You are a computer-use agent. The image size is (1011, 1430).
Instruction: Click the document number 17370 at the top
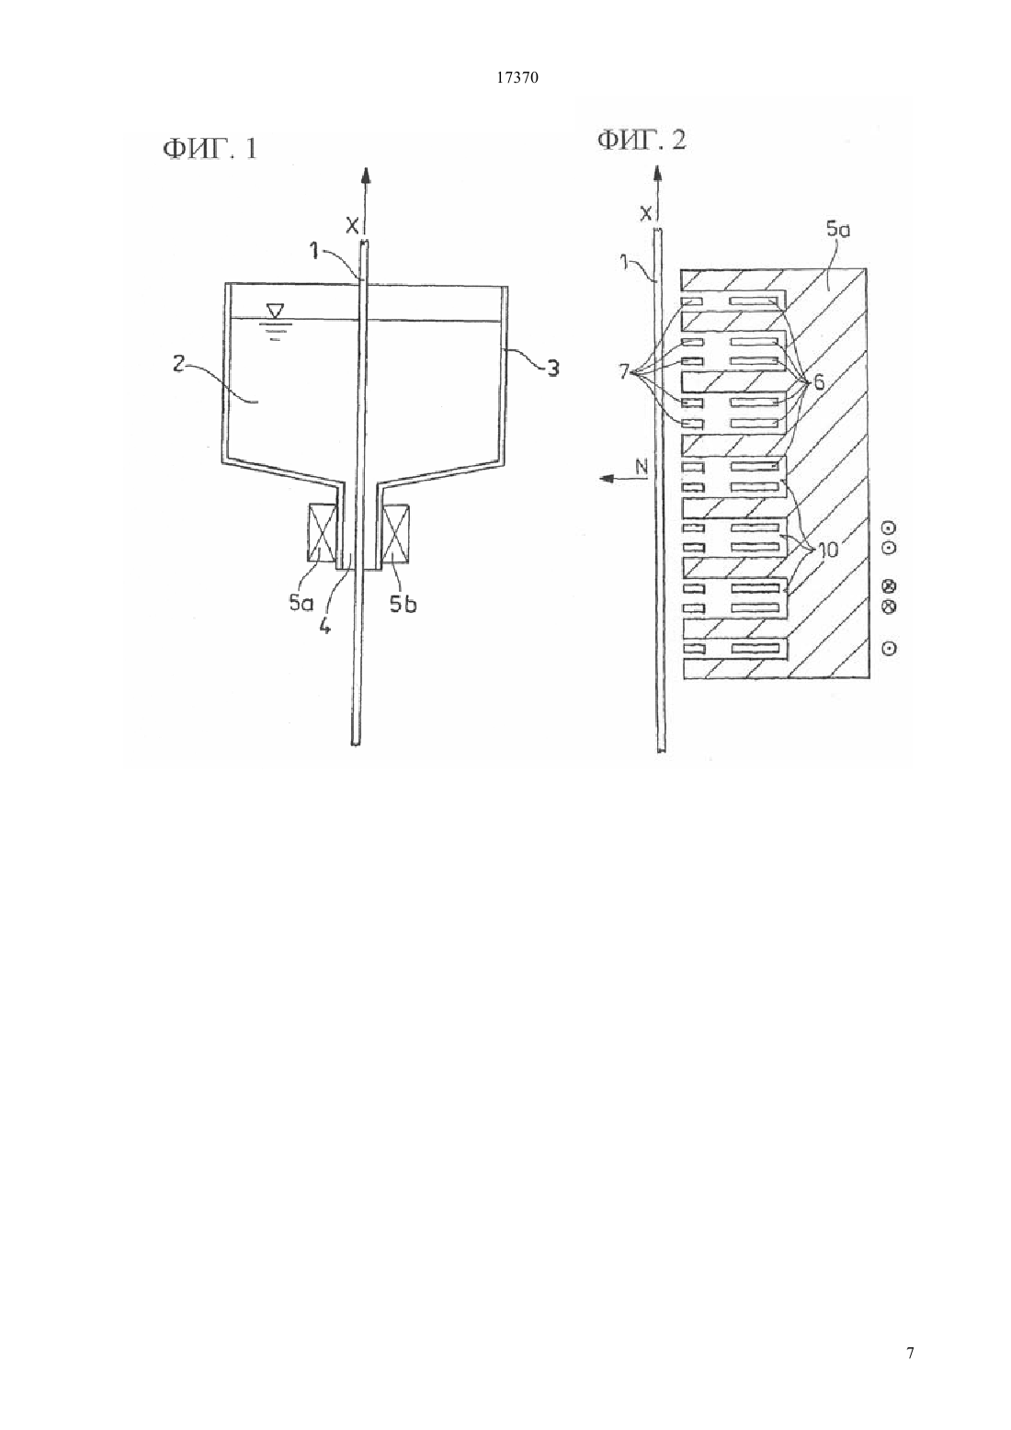click(517, 78)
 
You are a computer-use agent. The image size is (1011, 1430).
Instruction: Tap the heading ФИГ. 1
click(210, 148)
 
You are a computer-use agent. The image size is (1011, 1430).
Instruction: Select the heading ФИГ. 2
click(642, 139)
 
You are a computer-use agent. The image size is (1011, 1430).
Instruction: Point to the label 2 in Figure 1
click(179, 364)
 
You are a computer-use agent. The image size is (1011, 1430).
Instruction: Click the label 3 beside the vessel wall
click(552, 368)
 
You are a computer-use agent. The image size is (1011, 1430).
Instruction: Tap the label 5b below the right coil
click(403, 603)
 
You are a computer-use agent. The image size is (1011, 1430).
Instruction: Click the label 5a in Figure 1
click(301, 603)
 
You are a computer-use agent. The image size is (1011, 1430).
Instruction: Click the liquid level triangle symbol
click(275, 311)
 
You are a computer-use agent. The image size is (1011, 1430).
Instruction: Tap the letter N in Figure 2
click(642, 467)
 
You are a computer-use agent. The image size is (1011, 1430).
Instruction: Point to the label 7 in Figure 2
click(624, 371)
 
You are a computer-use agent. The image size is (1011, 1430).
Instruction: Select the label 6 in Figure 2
click(819, 383)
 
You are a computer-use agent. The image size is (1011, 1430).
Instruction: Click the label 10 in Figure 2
click(827, 549)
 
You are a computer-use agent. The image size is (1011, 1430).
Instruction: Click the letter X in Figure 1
click(352, 225)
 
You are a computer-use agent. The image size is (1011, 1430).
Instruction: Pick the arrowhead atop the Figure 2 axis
click(657, 174)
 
